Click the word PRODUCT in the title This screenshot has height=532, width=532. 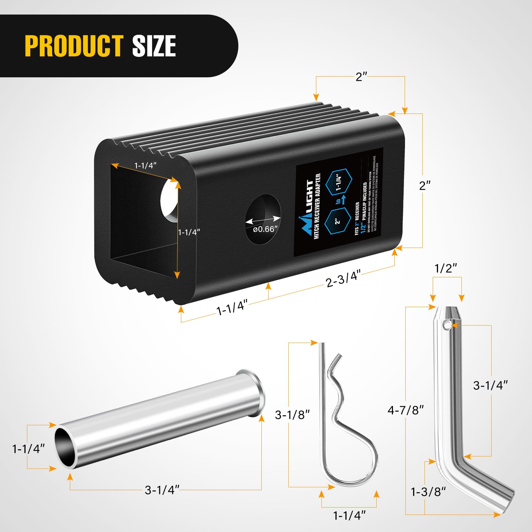[x=74, y=46]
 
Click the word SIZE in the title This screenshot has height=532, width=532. [x=154, y=46]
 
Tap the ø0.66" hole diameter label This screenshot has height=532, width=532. [x=264, y=229]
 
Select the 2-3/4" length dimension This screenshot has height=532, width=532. [x=343, y=278]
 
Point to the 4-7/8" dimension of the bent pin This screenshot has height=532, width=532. [x=406, y=410]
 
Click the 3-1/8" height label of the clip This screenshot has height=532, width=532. [x=292, y=414]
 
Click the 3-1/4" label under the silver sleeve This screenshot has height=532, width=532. [x=162, y=490]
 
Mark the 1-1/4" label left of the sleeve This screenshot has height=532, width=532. [x=28, y=449]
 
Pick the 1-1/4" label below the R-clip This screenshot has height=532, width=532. [x=349, y=515]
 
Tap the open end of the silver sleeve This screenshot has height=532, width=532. [x=65, y=448]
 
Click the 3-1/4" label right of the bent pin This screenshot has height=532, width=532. [x=490, y=385]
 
